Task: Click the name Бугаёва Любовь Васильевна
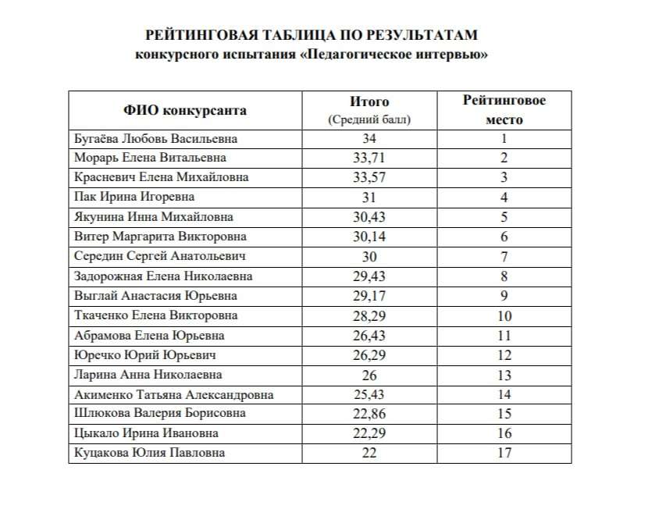point(155,139)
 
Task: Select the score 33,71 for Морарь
point(369,158)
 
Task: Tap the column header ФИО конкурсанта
point(185,110)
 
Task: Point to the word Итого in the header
point(369,101)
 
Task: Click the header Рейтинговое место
point(504,110)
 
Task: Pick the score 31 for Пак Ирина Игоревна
point(369,198)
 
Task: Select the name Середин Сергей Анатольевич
point(161,257)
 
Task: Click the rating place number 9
point(504,296)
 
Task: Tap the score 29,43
point(369,276)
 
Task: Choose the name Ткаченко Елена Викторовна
point(156,316)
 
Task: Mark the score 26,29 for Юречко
point(369,355)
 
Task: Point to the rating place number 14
point(504,395)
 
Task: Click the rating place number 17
point(504,454)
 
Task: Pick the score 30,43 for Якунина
point(369,218)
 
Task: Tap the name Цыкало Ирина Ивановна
point(146,434)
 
